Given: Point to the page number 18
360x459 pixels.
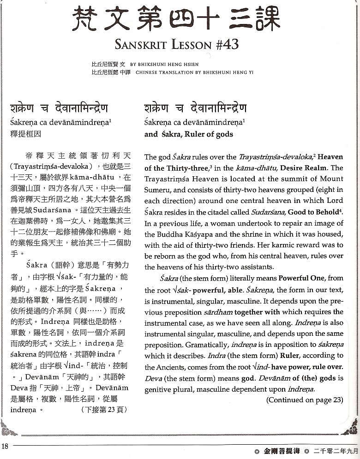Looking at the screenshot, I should click(x=5, y=446).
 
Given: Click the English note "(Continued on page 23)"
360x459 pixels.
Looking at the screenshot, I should click(x=305, y=399).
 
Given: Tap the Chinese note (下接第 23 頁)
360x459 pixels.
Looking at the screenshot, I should click(x=103, y=409).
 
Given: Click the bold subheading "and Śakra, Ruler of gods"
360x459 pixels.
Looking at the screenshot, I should click(x=188, y=134).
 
